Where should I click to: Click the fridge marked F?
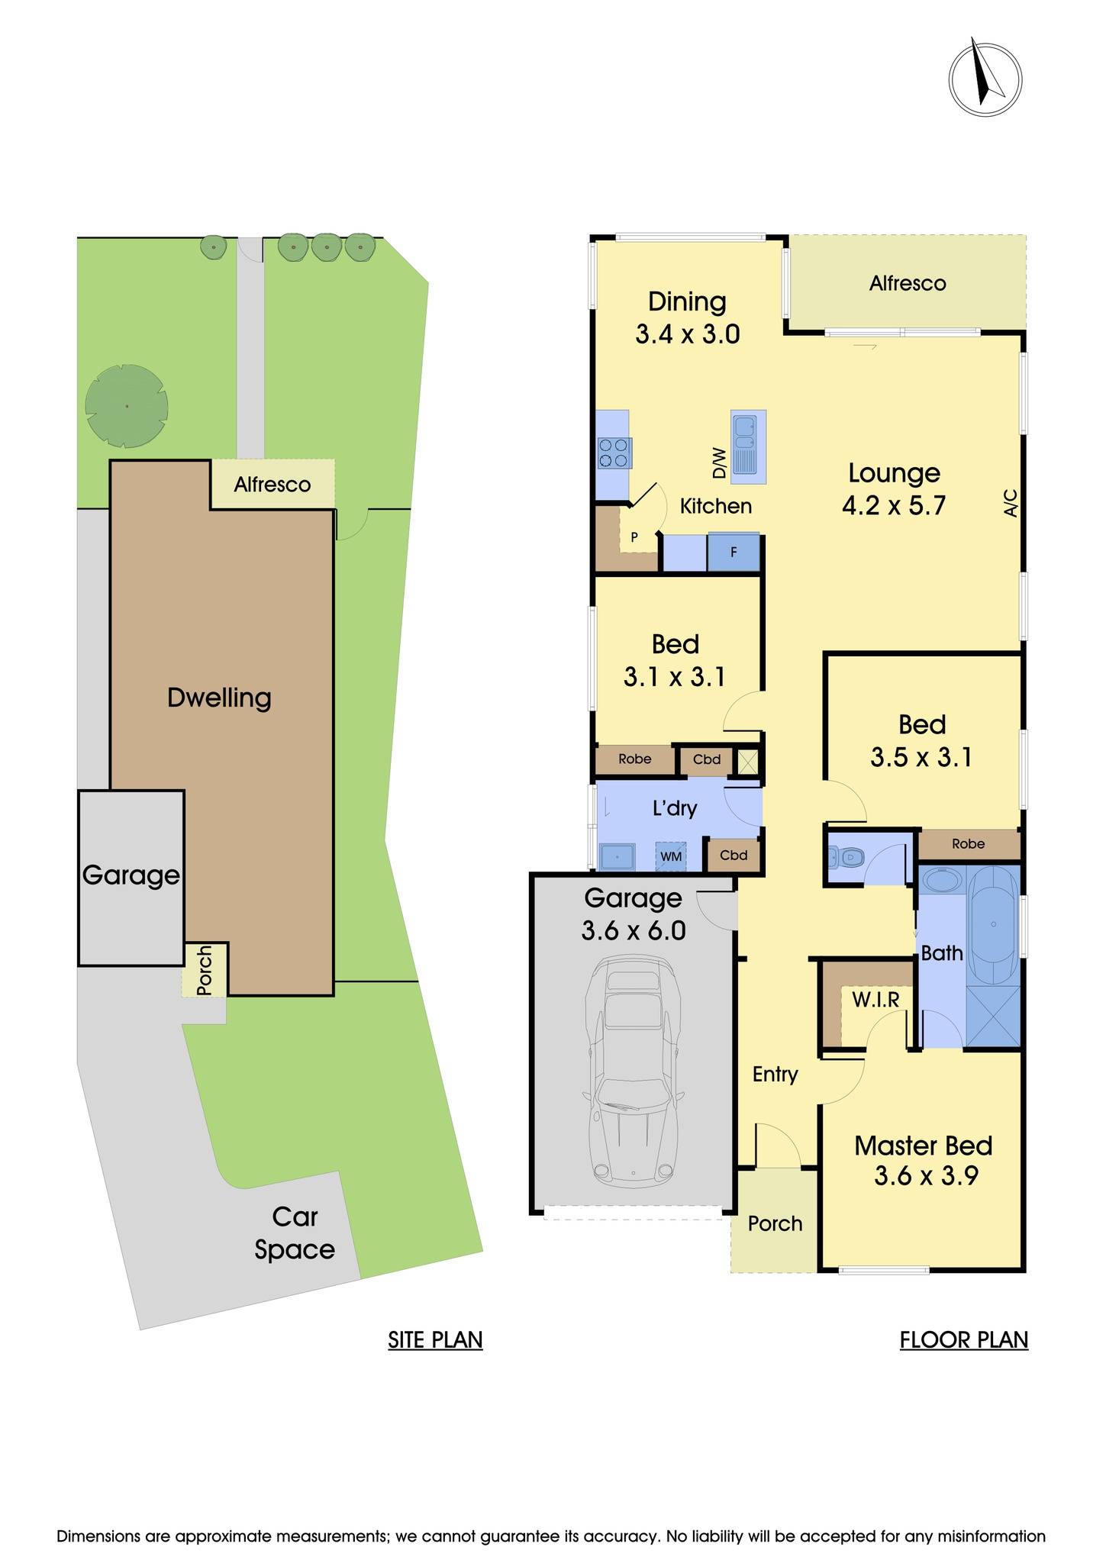(734, 552)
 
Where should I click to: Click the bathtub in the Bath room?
(993, 924)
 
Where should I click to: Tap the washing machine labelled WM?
(671, 856)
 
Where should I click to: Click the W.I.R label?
(875, 998)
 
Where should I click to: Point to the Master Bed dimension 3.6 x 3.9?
(926, 1176)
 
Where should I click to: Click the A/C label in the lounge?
(1011, 503)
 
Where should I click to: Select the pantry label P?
(634, 537)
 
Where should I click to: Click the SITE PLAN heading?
(435, 1339)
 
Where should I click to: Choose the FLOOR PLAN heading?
(963, 1339)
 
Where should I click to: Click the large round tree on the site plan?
(126, 405)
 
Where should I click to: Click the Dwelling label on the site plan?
(219, 698)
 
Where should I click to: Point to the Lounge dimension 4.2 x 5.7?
(894, 505)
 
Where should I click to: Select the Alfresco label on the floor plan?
(908, 283)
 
